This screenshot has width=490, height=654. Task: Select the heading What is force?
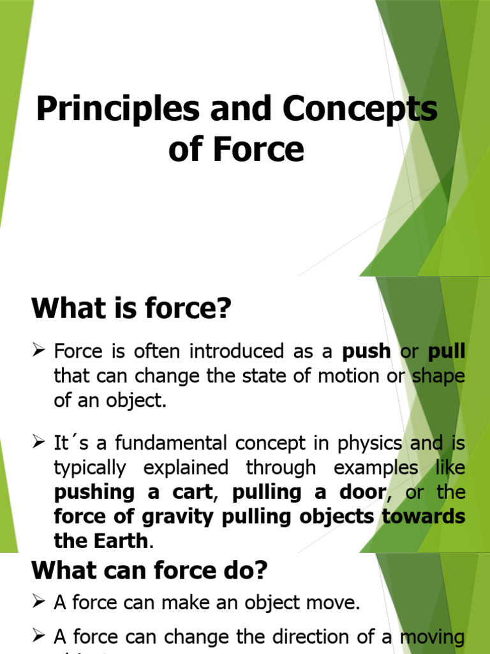tap(130, 310)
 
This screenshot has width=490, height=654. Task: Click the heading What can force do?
tap(151, 570)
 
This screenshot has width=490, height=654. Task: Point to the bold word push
tap(366, 351)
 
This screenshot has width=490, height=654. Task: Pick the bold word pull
tap(447, 351)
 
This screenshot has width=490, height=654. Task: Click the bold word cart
tap(192, 492)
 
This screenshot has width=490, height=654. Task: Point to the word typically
tap(91, 468)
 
